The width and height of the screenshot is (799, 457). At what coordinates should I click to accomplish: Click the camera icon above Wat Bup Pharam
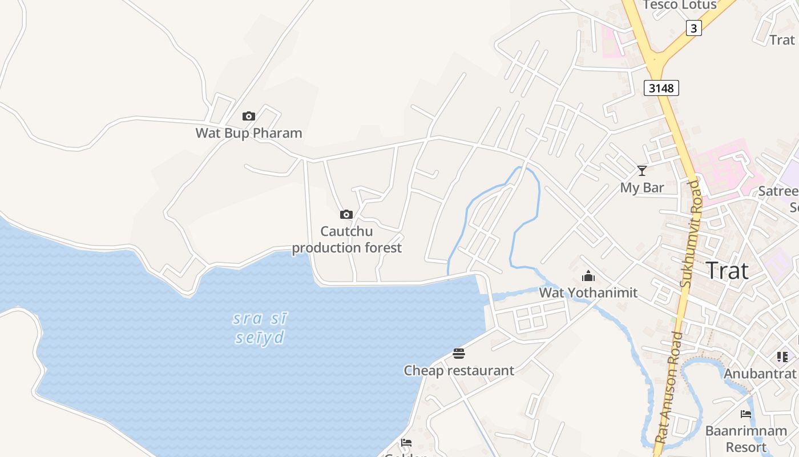tap(249, 117)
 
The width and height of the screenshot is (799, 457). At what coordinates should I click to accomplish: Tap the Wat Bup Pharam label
tap(249, 133)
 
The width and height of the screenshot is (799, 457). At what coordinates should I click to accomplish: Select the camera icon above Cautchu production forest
tap(346, 215)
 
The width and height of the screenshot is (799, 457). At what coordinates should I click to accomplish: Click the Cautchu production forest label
tap(347, 240)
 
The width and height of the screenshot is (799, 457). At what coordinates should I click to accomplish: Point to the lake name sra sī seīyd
tap(260, 328)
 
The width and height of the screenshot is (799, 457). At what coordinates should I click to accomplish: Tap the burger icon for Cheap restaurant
tap(459, 354)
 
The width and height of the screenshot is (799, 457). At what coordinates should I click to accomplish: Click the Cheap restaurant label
tap(459, 371)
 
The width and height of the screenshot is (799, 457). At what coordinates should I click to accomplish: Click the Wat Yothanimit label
tap(588, 293)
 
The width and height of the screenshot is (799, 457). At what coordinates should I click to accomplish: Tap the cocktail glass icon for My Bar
tap(642, 171)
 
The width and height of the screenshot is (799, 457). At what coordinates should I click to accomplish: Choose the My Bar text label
tap(642, 188)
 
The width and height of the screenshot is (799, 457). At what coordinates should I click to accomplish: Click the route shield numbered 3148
tap(661, 88)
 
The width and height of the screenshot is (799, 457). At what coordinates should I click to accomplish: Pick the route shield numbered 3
tap(693, 28)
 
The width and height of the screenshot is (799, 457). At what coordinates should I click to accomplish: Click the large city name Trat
tap(728, 270)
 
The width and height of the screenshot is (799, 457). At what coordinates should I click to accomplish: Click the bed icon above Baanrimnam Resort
tap(746, 414)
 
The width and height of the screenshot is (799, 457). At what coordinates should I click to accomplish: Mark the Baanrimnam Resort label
tap(746, 438)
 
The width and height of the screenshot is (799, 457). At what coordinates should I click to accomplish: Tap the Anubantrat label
tap(760, 374)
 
